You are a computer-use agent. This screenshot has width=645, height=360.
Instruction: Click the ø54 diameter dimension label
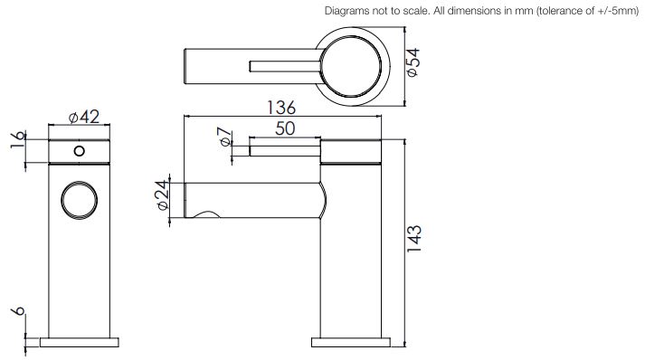pos(413,62)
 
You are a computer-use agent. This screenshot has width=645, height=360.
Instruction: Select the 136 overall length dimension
pos(281,108)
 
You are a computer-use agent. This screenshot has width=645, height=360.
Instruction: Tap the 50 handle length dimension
pos(285,128)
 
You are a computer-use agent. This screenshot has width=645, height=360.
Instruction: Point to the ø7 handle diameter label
pos(225,137)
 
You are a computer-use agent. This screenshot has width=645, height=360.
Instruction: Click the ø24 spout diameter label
pos(163,195)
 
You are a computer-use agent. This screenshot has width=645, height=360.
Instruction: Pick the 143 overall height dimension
pos(414,239)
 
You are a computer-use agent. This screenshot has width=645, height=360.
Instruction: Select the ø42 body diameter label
pos(84,117)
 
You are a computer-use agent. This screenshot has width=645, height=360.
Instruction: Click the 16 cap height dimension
pos(18,141)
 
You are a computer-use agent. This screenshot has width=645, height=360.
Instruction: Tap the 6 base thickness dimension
pos(18,311)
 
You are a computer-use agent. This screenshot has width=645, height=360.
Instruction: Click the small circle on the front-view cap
pos(80,151)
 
